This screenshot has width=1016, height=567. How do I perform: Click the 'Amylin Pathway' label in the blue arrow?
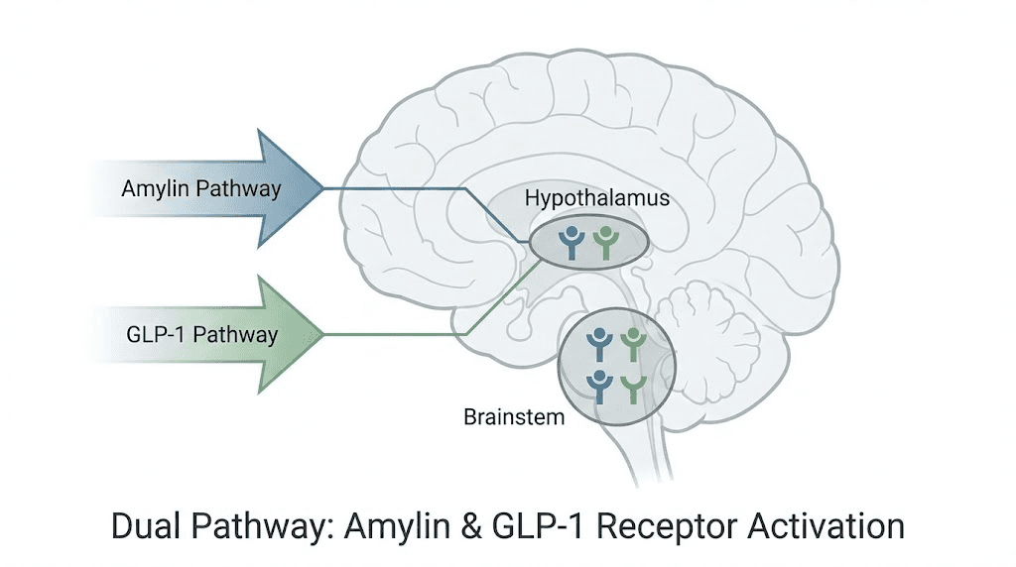[x=201, y=187]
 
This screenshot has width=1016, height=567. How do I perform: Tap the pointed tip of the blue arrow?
[x=319, y=187]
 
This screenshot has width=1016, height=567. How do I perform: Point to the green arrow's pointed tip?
[x=323, y=334]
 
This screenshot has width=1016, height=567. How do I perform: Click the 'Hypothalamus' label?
[x=597, y=198]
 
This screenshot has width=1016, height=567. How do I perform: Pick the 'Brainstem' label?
[x=514, y=416]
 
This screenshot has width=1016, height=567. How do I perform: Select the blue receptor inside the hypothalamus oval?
[x=571, y=242]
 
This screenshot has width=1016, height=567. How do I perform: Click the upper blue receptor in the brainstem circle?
[x=599, y=343]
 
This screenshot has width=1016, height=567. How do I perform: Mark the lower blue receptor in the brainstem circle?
[x=599, y=384]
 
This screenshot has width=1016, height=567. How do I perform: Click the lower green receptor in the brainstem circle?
[x=633, y=384]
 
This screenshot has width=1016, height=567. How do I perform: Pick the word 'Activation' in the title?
[x=839, y=525]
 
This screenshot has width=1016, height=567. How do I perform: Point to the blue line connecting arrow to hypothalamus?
[x=417, y=187]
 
